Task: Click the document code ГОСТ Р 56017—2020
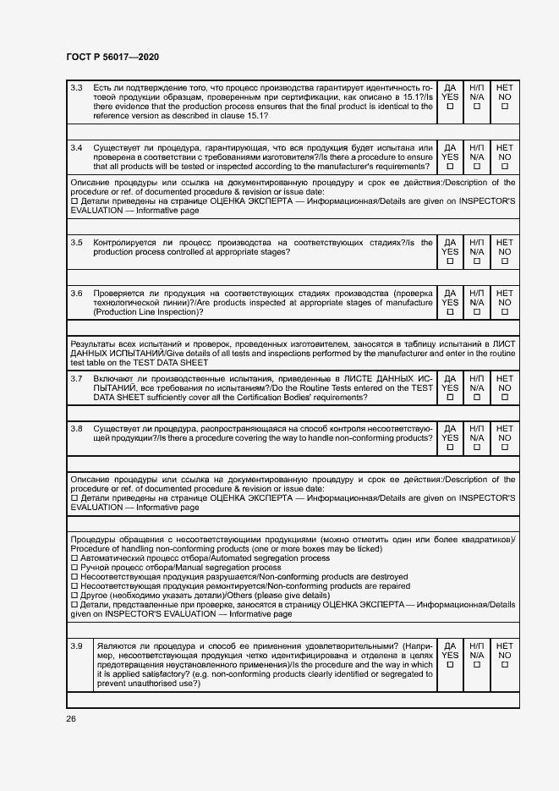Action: click(112, 57)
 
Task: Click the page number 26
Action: click(71, 719)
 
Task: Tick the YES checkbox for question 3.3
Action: click(451, 107)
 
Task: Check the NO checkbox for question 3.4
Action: click(505, 167)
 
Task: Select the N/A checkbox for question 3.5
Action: click(477, 261)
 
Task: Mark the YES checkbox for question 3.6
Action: click(451, 312)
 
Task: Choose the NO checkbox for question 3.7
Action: click(505, 397)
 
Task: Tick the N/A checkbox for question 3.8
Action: click(477, 448)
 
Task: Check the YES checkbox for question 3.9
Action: click(451, 665)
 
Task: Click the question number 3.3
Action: click(76, 88)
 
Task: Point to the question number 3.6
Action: click(76, 294)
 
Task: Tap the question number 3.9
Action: click(76, 646)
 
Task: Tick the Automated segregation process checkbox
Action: click(74, 558)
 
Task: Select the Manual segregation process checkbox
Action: click(74, 568)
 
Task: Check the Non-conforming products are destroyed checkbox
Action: click(74, 577)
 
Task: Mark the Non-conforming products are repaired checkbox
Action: click(74, 586)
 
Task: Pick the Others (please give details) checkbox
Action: click(74, 596)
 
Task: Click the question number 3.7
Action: click(76, 378)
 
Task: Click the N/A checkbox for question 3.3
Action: click(477, 107)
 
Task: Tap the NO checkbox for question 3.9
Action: click(505, 665)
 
